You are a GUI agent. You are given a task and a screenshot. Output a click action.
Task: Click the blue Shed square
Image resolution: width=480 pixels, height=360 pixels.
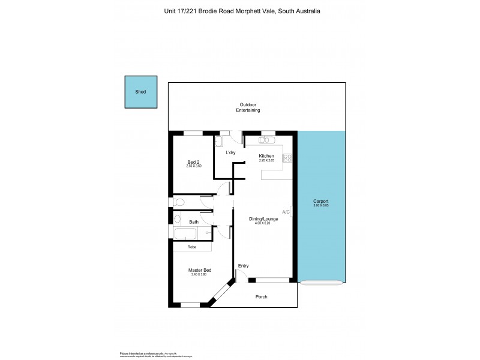[141, 92]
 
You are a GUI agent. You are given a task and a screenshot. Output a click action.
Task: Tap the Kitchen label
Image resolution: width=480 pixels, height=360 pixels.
[266, 156]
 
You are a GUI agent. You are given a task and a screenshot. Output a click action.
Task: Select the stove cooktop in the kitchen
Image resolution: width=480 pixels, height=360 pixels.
[287, 158]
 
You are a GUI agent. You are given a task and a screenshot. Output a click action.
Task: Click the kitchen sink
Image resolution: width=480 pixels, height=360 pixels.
[267, 140]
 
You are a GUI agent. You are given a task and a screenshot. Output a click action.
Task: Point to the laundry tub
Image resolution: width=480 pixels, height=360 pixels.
[219, 142]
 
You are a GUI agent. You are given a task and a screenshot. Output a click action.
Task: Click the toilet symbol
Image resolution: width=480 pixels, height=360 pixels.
[178, 202]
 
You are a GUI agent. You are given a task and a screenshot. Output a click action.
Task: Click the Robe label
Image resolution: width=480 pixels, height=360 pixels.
[192, 247]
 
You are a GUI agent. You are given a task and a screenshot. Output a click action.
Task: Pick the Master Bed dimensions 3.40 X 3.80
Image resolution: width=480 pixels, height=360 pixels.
[199, 275]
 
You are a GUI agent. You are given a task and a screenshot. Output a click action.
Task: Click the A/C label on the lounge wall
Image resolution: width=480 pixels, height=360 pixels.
[286, 212]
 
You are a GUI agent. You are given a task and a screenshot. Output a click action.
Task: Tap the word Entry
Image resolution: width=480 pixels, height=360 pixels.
[243, 266]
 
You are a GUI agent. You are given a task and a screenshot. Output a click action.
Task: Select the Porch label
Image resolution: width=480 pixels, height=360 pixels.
[262, 297]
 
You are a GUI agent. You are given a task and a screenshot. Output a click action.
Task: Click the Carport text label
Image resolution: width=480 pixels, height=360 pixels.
[321, 202]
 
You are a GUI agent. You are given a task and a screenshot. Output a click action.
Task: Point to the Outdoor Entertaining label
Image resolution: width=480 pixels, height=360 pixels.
[248, 107]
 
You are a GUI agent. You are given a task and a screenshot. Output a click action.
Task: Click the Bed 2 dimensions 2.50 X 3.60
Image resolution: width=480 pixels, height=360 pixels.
[194, 166]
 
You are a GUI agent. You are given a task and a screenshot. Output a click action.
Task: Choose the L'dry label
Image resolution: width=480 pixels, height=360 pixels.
[230, 153]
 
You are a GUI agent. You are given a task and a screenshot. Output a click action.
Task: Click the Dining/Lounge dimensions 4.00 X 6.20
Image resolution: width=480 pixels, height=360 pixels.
[263, 223]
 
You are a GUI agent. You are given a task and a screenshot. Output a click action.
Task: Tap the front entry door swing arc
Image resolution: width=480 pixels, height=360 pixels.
[242, 275]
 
